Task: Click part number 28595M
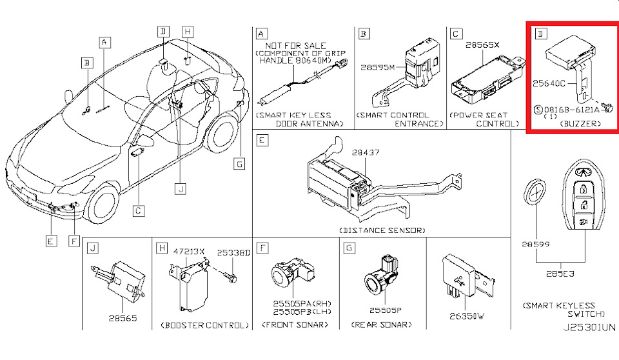[x=377, y=68]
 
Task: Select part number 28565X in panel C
[x=482, y=45]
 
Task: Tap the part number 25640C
[x=549, y=83]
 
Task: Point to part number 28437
[x=366, y=152]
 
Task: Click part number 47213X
[x=189, y=252]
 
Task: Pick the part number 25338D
[x=233, y=252]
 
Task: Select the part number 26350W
[x=467, y=316]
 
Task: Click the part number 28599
[x=536, y=245]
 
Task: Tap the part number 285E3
[x=560, y=274]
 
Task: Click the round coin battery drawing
[x=535, y=192]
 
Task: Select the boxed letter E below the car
[x=51, y=241]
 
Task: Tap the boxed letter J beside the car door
[x=181, y=189]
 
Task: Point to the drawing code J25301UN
[x=589, y=328]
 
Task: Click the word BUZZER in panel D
[x=580, y=124]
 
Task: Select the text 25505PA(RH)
[x=302, y=304]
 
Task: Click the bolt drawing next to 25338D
[x=231, y=275]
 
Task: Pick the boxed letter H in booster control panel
[x=161, y=248]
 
